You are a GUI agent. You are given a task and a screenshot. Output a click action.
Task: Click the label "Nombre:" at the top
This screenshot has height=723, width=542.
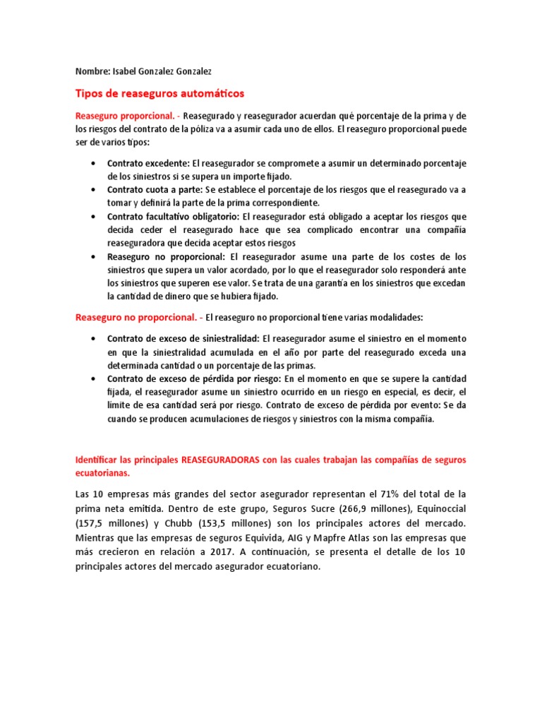pyautogui.click(x=92, y=71)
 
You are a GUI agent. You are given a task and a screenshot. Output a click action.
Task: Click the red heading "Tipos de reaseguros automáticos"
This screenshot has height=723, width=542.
pyautogui.click(x=159, y=93)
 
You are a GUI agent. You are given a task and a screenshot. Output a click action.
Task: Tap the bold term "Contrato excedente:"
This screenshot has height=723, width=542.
pyautogui.click(x=148, y=163)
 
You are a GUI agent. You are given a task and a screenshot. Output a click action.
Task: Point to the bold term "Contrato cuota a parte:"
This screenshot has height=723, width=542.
pyautogui.click(x=155, y=190)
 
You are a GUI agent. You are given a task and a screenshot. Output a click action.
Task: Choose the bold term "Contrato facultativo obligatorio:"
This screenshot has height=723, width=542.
pyautogui.click(x=174, y=217)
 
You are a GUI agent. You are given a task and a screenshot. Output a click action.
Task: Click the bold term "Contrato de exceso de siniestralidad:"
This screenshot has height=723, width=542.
pyautogui.click(x=183, y=338)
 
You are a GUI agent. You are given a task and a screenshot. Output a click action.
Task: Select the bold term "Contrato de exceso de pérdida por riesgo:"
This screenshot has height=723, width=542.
pyautogui.click(x=193, y=378)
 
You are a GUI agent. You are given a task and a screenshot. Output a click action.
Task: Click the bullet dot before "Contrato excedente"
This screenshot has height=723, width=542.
pyautogui.click(x=94, y=163)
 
